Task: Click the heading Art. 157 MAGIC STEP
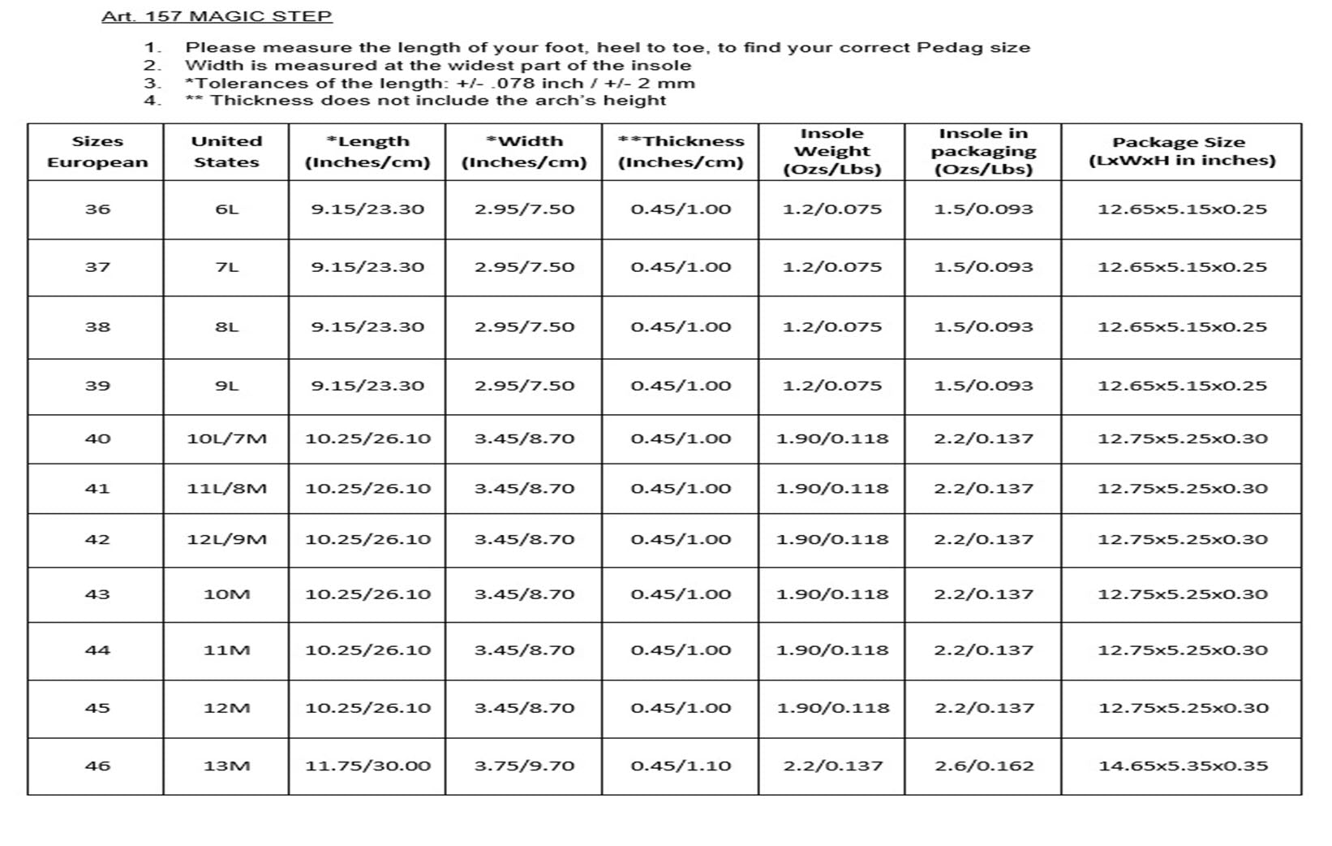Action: pyautogui.click(x=217, y=16)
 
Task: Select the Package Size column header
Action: pyautogui.click(x=1180, y=151)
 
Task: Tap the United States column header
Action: pyautogui.click(x=226, y=151)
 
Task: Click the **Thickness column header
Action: pyautogui.click(x=680, y=151)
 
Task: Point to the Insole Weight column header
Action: pyautogui.click(x=831, y=151)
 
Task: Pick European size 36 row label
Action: pyautogui.click(x=97, y=209)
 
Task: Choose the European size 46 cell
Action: pyautogui.click(x=97, y=766)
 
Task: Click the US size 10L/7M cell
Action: pyautogui.click(x=226, y=438)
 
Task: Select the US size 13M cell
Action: pyautogui.click(x=226, y=766)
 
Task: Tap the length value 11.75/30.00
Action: pyautogui.click(x=367, y=766)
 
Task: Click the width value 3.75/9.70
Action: pyautogui.click(x=524, y=766)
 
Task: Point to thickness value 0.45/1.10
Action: pyautogui.click(x=680, y=766)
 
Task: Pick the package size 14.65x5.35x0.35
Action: pyautogui.click(x=1182, y=766)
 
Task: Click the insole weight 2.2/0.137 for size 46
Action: pyautogui.click(x=832, y=766)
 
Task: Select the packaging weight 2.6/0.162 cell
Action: pyautogui.click(x=984, y=766)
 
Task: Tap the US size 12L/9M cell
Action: pyautogui.click(x=226, y=539)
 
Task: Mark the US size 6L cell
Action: pyautogui.click(x=226, y=209)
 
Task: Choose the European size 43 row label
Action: pyautogui.click(x=97, y=594)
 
